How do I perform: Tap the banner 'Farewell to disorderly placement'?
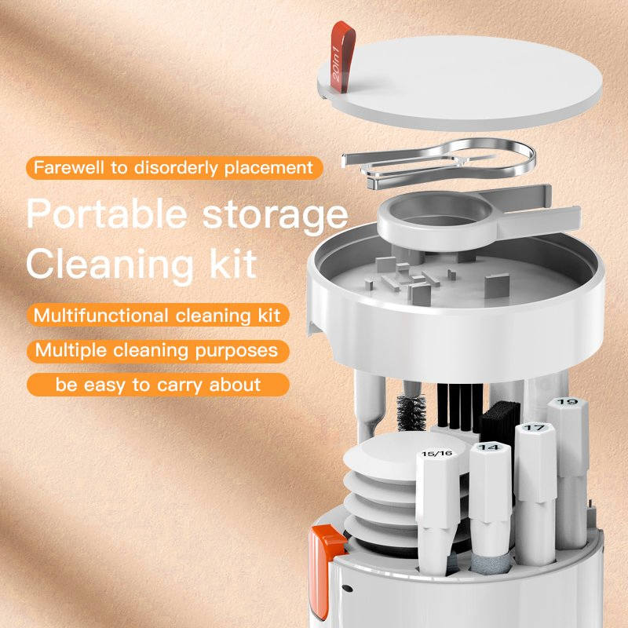173,168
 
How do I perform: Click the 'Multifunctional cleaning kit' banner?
158,316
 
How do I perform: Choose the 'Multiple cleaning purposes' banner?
157,350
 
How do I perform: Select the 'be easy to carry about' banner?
157,385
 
